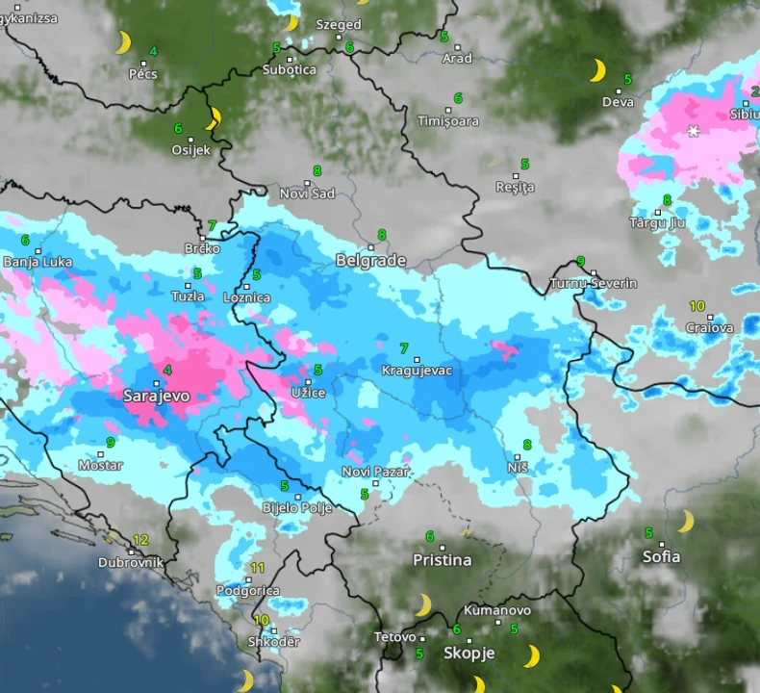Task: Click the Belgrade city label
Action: click(x=370, y=261)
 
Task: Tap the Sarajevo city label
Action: click(x=157, y=396)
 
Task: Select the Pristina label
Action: click(x=443, y=560)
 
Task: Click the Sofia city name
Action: click(x=661, y=556)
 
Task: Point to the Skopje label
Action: click(x=469, y=653)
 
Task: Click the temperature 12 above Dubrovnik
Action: click(x=140, y=540)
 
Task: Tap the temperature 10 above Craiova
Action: click(x=697, y=306)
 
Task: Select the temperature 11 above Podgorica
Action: click(x=257, y=568)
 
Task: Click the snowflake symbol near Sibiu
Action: click(x=693, y=131)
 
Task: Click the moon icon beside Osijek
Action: click(x=214, y=118)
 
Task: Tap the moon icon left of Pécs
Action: click(x=123, y=42)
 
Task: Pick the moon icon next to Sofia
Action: click(x=685, y=522)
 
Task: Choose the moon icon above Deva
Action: click(x=597, y=70)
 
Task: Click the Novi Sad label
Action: click(x=307, y=193)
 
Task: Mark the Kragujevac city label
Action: click(x=417, y=371)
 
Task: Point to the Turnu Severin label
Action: click(x=593, y=284)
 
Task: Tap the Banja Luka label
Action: click(x=38, y=262)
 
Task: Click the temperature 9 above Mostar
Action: click(x=111, y=443)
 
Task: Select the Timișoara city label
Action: click(x=448, y=122)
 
